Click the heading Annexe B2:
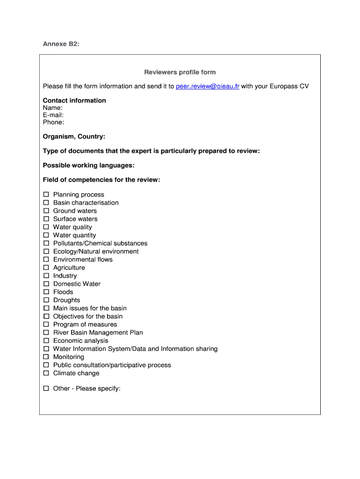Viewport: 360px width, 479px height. click(x=61, y=44)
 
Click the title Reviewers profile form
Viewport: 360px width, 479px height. click(x=180, y=72)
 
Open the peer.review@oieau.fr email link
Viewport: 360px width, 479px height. click(x=208, y=87)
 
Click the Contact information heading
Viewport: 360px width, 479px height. click(x=74, y=101)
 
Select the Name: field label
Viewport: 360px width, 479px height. click(x=53, y=108)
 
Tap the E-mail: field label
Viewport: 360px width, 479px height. click(x=53, y=115)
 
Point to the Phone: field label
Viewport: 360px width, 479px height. click(x=54, y=122)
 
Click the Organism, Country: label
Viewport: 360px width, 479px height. click(x=74, y=137)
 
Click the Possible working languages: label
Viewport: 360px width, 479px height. click(x=89, y=166)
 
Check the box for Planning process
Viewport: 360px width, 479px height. click(x=46, y=195)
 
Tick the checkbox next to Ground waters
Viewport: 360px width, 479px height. click(x=46, y=211)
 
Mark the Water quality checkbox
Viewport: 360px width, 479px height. click(x=46, y=227)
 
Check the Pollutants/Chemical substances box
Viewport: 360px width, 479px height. click(x=46, y=243)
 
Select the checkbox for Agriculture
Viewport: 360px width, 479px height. click(x=46, y=268)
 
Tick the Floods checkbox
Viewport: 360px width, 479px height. click(x=46, y=292)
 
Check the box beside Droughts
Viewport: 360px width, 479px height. click(x=46, y=300)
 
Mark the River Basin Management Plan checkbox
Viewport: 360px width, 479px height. click(x=46, y=333)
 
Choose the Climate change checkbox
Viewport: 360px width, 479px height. click(x=46, y=373)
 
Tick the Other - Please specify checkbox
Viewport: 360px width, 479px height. click(x=46, y=388)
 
